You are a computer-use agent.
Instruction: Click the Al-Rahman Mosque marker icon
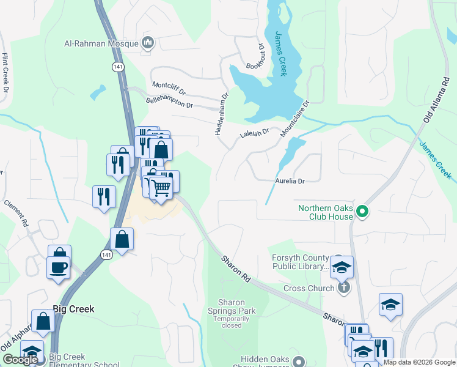[x=147, y=43]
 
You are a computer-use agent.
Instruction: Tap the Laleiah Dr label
[x=255, y=133]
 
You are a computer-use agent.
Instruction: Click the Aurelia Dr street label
[x=290, y=181]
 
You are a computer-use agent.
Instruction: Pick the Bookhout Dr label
[x=256, y=56]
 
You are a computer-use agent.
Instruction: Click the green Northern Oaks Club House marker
[x=362, y=212]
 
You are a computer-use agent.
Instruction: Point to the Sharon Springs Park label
[x=232, y=306]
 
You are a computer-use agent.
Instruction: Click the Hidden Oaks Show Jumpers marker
[x=298, y=360]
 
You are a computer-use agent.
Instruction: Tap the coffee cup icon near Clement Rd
[x=58, y=268]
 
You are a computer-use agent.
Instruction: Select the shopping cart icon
[x=161, y=188]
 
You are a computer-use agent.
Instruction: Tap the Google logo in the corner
[x=20, y=359]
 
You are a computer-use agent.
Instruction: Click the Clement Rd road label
[x=16, y=212]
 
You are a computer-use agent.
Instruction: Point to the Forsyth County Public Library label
[x=301, y=262]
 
